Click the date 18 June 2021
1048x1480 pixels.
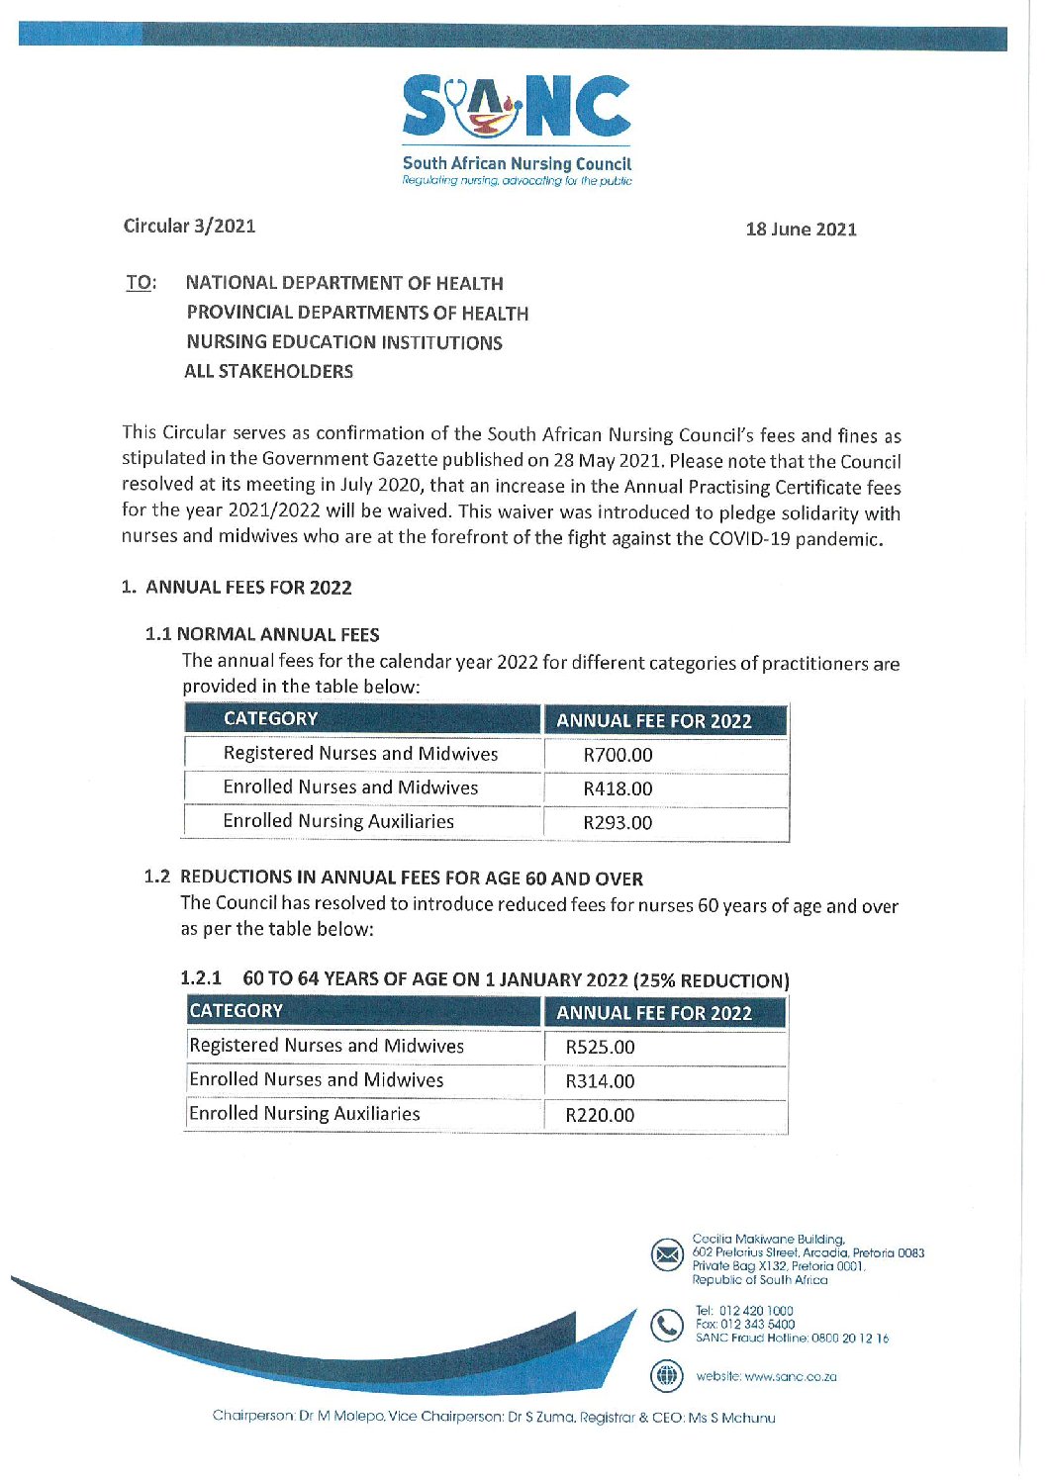pos(801,230)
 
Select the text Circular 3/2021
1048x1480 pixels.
pos(189,226)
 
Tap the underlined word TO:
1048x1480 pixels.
pos(141,283)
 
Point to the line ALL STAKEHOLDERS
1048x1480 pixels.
pos(268,372)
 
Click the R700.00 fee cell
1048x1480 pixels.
pos(618,755)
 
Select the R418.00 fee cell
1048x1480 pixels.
pos(618,788)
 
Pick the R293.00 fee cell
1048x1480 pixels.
pos(618,822)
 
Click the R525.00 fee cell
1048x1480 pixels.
pos(600,1047)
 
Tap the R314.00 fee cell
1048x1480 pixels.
pos(600,1081)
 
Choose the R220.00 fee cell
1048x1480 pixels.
pos(600,1115)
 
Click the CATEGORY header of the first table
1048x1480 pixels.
pos(270,719)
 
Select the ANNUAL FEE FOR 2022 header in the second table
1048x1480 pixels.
pos(654,1013)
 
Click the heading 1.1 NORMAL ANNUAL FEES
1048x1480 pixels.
pos(262,634)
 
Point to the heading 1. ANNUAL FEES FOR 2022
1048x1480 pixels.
pos(237,588)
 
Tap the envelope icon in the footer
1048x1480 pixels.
pos(668,1255)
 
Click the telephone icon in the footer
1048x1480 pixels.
pos(668,1325)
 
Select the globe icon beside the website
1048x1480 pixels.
pos(668,1375)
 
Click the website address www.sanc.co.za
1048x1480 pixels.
pos(790,1376)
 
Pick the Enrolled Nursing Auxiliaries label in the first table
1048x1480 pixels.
pos(338,821)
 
